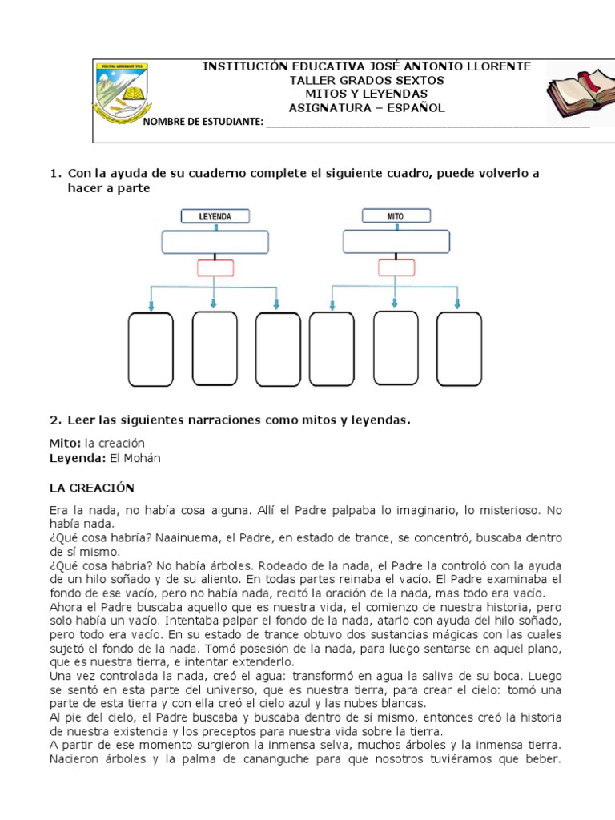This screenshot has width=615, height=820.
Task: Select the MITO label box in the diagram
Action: (396, 216)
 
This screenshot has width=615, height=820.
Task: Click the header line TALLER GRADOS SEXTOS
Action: (366, 80)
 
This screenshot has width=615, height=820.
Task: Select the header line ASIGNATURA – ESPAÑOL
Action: (366, 107)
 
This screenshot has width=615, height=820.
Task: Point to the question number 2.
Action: (54, 419)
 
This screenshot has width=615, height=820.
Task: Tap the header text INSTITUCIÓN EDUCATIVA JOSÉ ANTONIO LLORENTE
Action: (366, 66)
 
